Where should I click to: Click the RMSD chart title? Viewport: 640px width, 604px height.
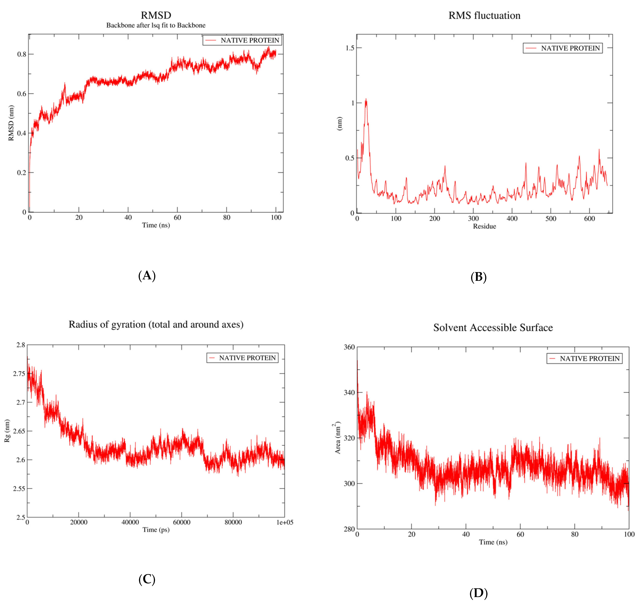tap(156, 15)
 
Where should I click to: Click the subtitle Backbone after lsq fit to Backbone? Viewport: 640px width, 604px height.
tap(156, 25)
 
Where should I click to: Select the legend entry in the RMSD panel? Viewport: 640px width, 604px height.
tap(242, 40)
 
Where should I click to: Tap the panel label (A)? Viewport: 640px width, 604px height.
tap(147, 276)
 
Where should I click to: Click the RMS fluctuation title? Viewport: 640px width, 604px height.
tap(484, 16)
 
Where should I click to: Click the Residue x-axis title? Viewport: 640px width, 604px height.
tap(484, 226)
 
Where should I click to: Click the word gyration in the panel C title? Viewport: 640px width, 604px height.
tap(128, 324)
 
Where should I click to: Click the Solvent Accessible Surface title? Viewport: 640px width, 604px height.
tap(493, 327)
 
